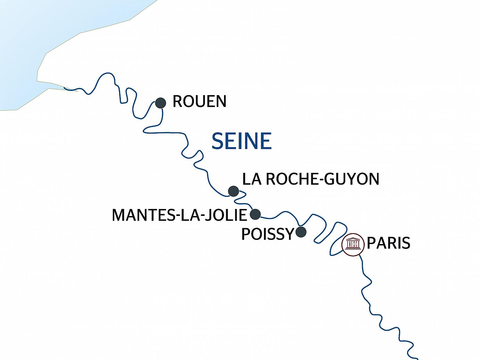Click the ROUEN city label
tap(199, 102)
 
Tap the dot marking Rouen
tap(160, 103)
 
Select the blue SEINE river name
tap(241, 141)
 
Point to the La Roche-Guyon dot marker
tap(233, 191)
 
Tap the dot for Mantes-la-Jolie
tap(255, 214)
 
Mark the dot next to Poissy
tap(301, 232)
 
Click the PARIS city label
tap(389, 243)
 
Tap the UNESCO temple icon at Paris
tap(353, 244)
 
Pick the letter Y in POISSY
tap(288, 234)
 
